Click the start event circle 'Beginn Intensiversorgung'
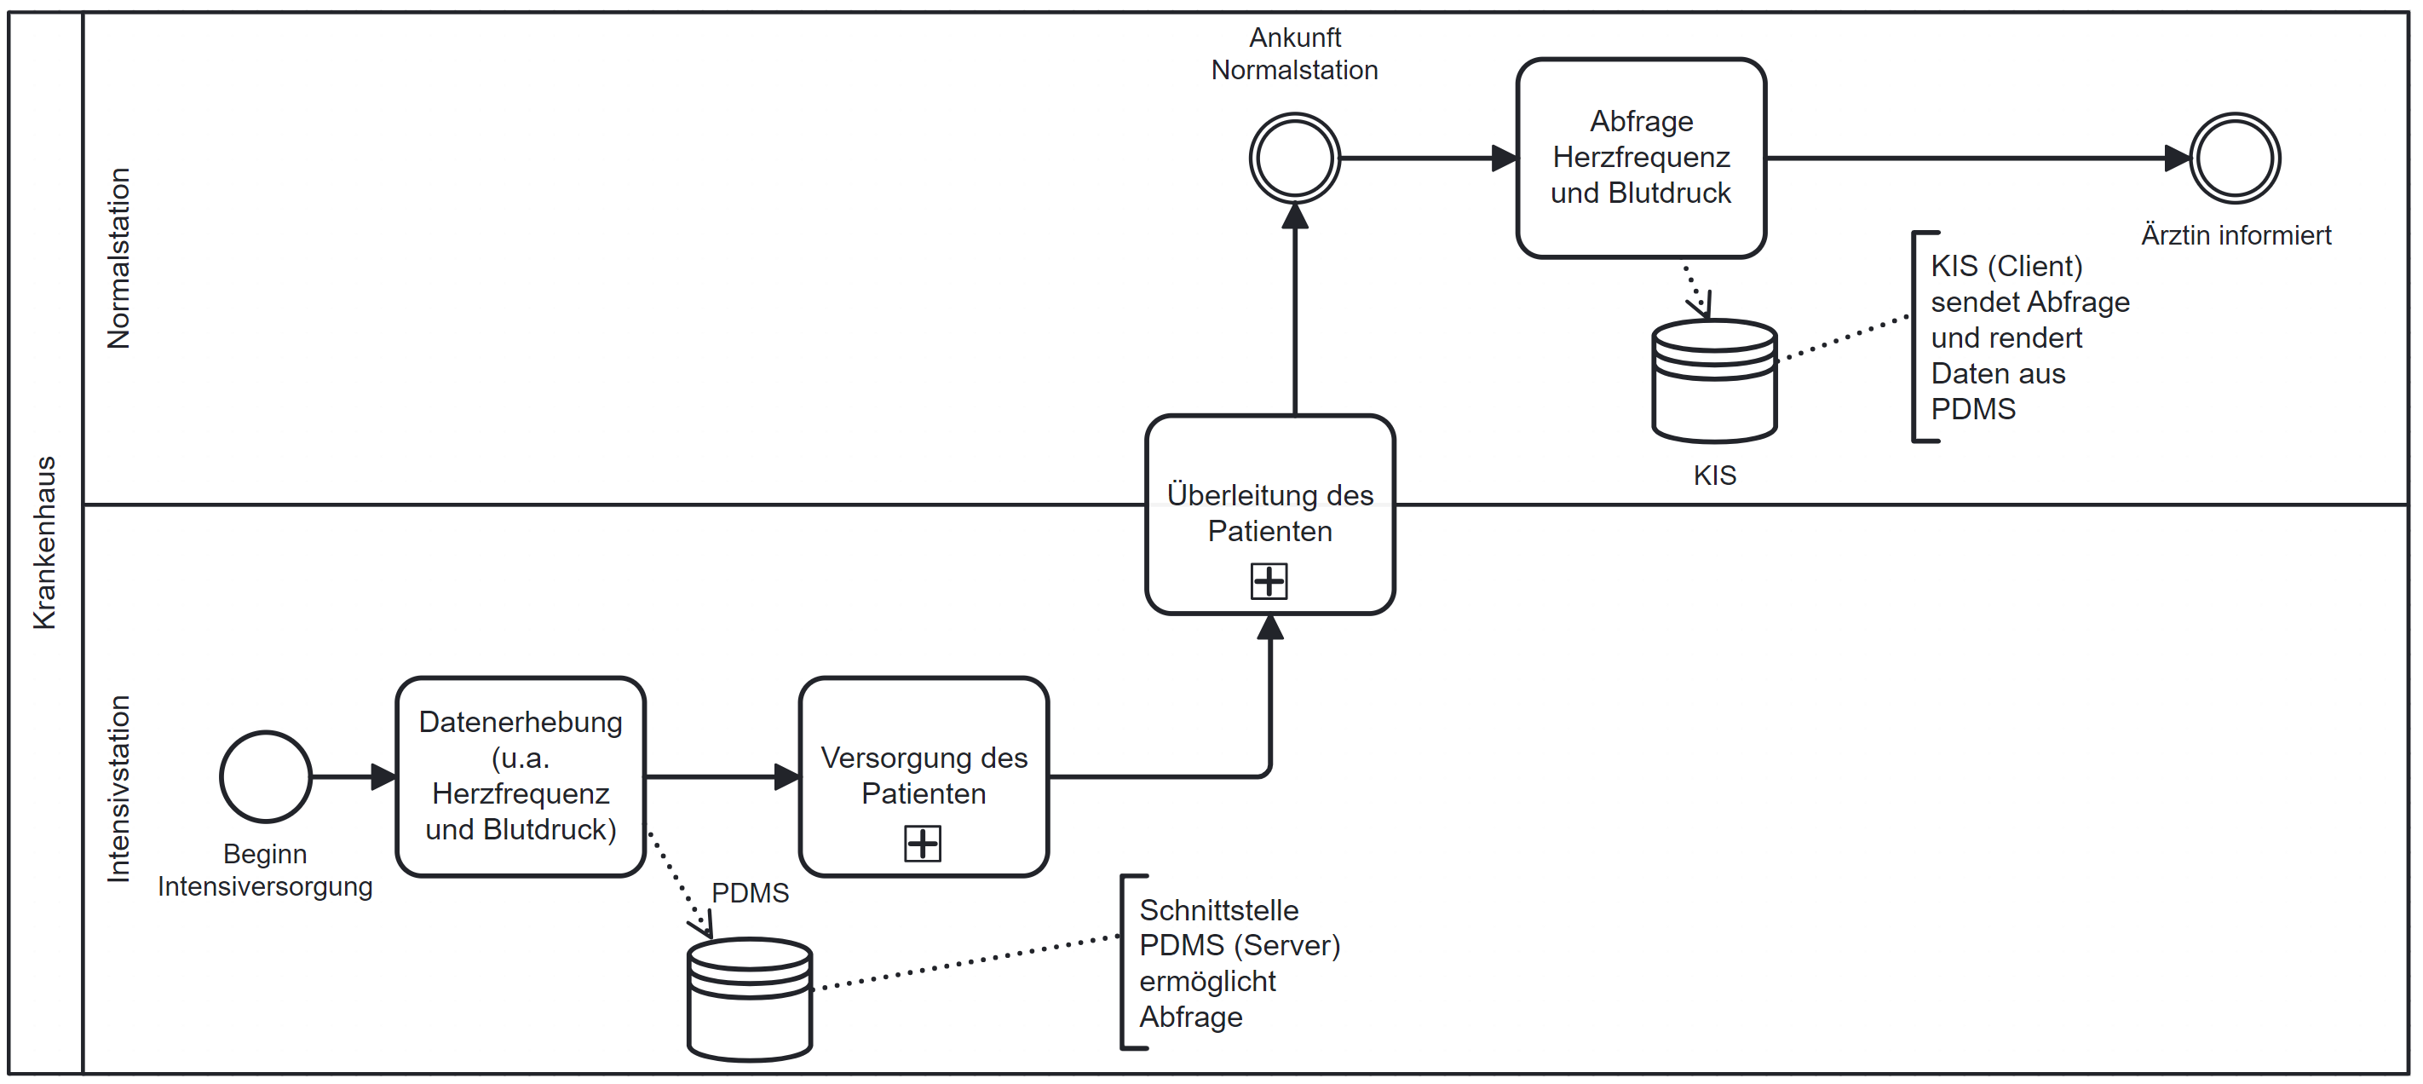[x=265, y=776]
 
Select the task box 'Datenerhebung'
[x=521, y=776]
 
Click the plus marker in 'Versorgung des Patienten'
[x=922, y=843]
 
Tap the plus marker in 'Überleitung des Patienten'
[x=1268, y=580]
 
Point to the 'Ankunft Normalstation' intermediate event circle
[x=1294, y=159]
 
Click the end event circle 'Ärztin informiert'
[x=2234, y=159]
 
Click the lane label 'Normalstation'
[x=119, y=259]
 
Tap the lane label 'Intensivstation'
[x=119, y=788]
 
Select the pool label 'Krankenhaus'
[x=45, y=543]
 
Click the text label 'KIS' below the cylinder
[x=1714, y=476]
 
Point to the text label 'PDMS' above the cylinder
[x=750, y=892]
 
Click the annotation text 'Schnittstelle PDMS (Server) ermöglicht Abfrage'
[x=1239, y=963]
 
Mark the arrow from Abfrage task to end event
[x=1975, y=159]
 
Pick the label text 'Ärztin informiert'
[x=2236, y=235]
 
